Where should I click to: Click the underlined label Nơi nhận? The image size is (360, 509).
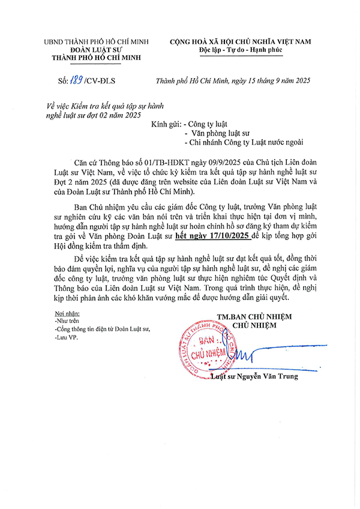(67, 313)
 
